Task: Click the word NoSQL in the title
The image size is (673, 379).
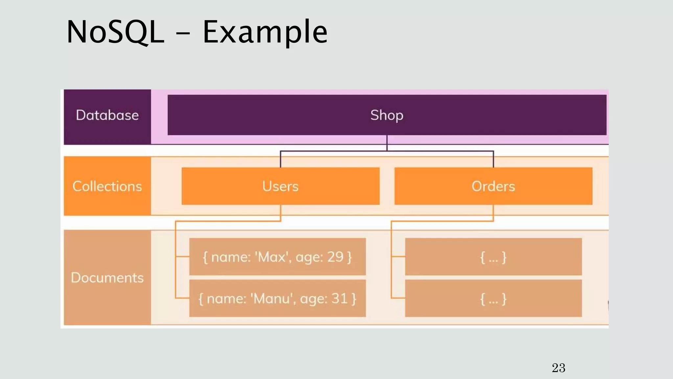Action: tap(115, 32)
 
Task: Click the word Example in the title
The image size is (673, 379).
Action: tap(265, 32)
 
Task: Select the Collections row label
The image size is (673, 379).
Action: tap(107, 187)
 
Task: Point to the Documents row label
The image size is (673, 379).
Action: tap(107, 278)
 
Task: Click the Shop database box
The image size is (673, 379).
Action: tap(387, 115)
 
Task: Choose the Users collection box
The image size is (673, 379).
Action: tap(280, 187)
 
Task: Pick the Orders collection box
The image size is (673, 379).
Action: tap(493, 187)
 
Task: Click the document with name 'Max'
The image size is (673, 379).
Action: tap(277, 257)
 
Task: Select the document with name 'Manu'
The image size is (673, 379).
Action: tap(277, 299)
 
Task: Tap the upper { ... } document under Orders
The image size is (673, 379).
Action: tap(493, 257)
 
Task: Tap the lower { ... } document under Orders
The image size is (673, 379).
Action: tap(493, 299)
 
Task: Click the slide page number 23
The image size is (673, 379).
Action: tap(558, 368)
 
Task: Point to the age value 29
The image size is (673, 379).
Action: tap(335, 257)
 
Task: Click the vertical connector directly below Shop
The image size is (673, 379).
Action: tap(387, 143)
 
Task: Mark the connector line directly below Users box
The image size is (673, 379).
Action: tap(280, 213)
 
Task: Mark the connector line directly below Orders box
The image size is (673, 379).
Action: tap(493, 213)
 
